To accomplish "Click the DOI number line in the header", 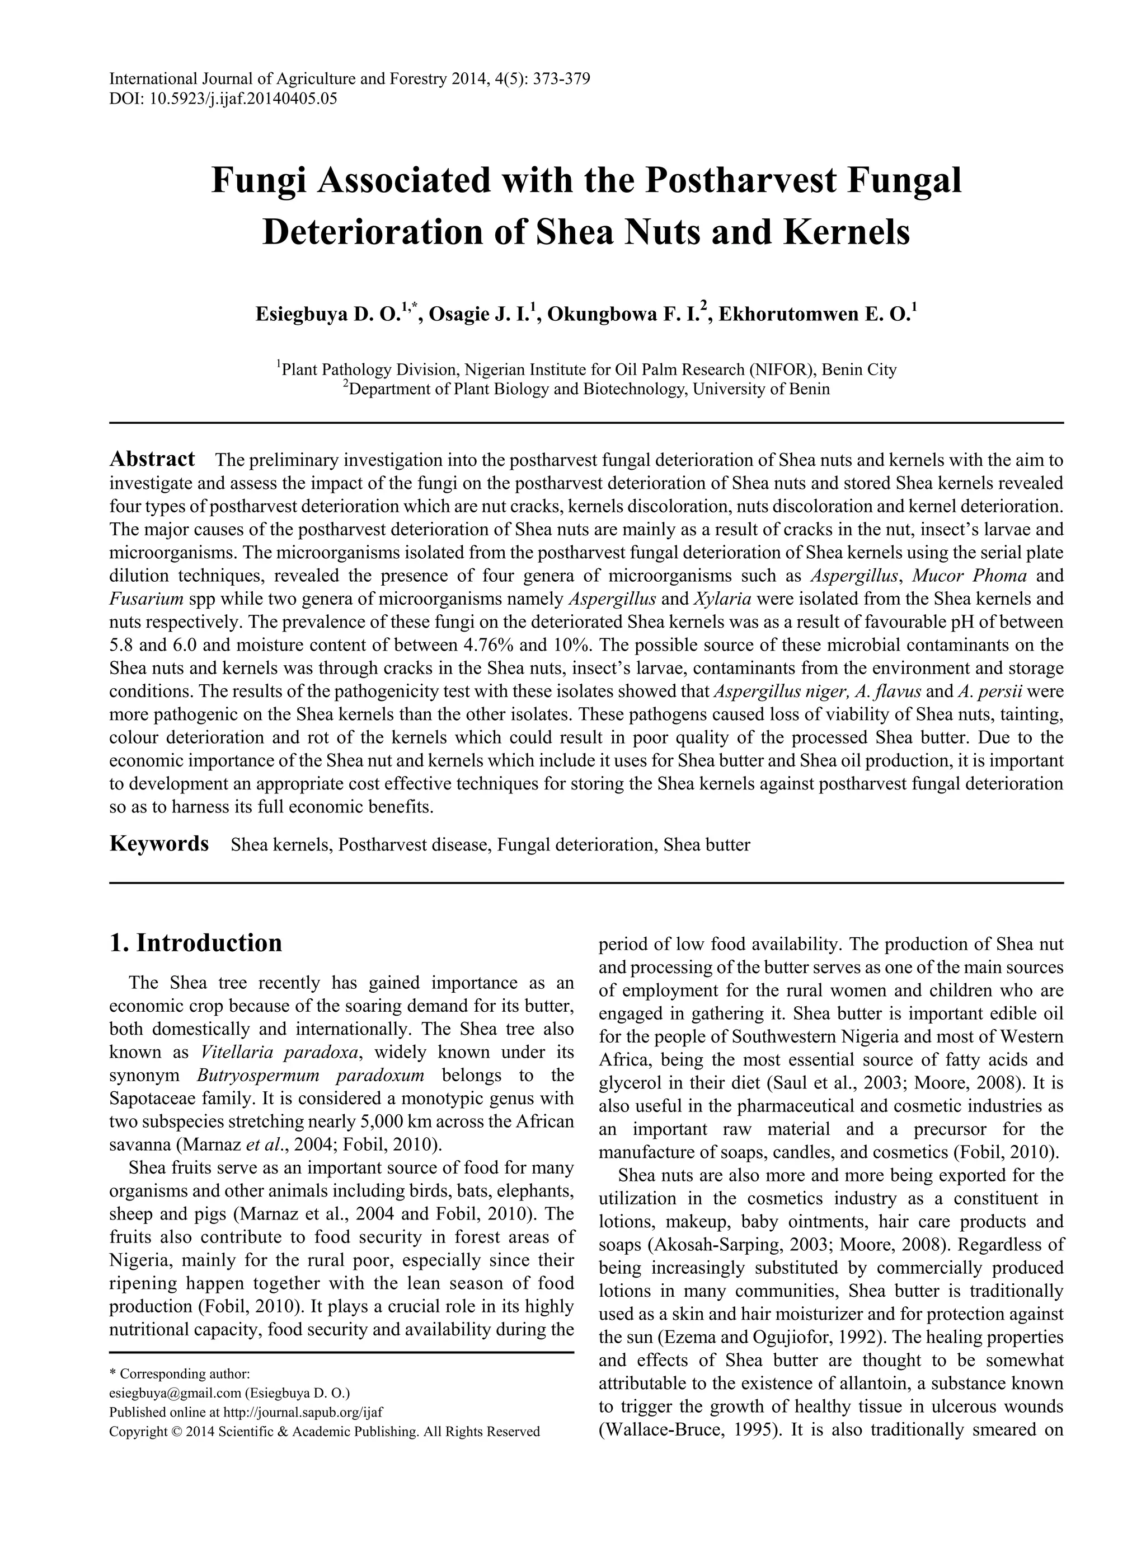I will tap(223, 99).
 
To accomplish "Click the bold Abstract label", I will tap(152, 460).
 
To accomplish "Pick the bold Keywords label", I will tap(159, 844).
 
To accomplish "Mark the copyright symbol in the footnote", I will tap(176, 1431).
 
